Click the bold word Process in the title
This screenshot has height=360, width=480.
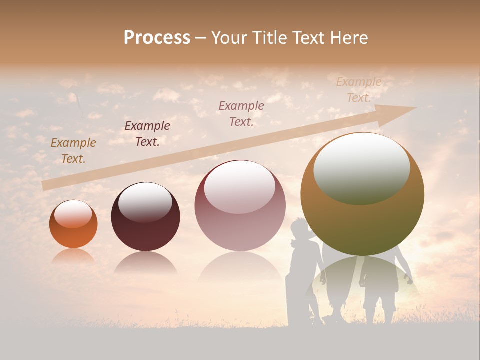[157, 38]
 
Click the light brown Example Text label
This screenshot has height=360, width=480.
[73, 151]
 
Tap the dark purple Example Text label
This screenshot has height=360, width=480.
[147, 134]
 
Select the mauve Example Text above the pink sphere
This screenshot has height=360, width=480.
[241, 113]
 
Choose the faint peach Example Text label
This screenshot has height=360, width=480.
[358, 90]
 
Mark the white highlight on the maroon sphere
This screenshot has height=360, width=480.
[145, 202]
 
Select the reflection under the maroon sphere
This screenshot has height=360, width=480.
[145, 262]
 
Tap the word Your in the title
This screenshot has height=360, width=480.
[228, 38]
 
